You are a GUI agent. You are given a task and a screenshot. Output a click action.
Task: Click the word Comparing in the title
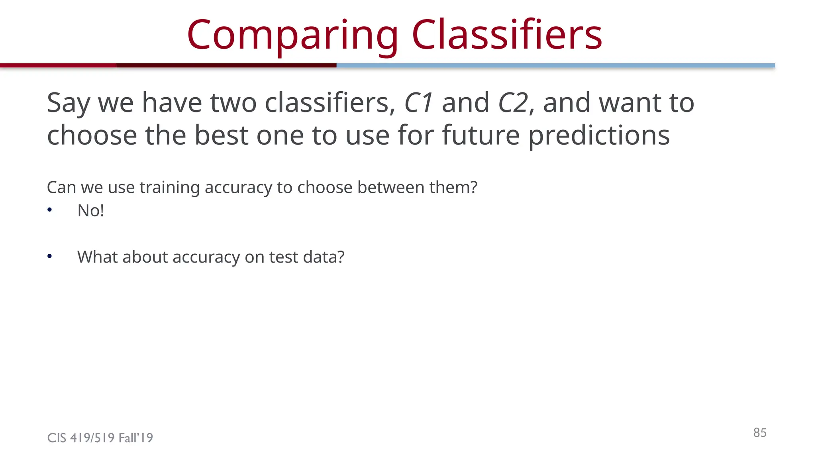click(292, 36)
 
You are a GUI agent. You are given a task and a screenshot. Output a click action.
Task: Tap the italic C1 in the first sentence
click(418, 103)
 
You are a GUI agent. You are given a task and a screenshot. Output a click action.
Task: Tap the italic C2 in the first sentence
click(514, 103)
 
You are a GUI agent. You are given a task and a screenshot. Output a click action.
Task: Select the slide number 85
click(759, 433)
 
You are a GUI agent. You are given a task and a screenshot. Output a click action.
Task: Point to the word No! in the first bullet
click(90, 211)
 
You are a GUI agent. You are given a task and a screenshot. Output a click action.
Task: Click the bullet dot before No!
click(49, 210)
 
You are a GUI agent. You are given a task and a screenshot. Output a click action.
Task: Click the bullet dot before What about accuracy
click(49, 257)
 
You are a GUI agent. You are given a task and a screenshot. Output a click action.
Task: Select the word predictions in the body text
click(599, 136)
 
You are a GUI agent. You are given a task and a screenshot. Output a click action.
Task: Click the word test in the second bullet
click(283, 257)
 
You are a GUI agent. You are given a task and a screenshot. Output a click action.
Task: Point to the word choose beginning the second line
click(92, 135)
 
